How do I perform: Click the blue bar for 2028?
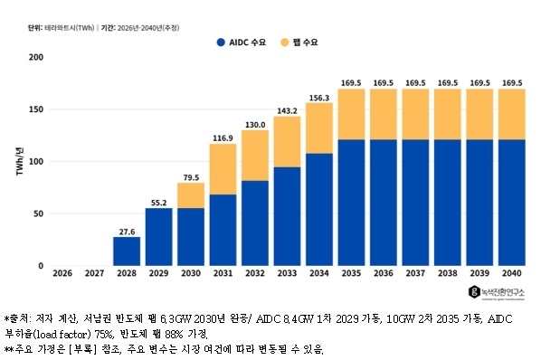[127, 251]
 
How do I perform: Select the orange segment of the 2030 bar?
[191, 195]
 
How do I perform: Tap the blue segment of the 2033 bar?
[287, 216]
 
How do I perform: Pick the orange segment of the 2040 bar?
[512, 114]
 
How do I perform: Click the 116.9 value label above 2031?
[223, 138]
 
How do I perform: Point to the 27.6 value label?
[127, 232]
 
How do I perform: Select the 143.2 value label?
[287, 110]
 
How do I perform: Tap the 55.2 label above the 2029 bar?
[158, 203]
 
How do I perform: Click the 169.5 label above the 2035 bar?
[351, 83]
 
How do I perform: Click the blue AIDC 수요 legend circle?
[221, 43]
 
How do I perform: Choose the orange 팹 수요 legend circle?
[285, 43]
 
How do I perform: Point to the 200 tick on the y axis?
[36, 57]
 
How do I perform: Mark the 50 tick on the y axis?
[39, 213]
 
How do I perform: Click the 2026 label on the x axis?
[62, 273]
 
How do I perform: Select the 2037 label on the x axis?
[415, 273]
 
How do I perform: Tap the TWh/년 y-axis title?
[20, 161]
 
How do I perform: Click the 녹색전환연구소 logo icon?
[474, 292]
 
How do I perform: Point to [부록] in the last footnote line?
[82, 349]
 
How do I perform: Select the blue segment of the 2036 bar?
[384, 203]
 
